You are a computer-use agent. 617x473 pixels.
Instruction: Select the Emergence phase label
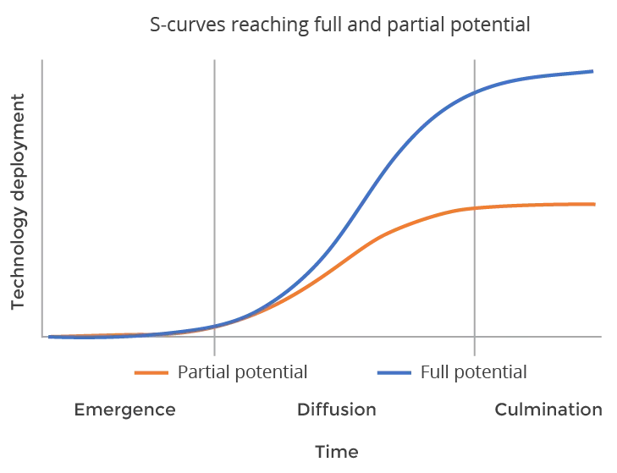tap(124, 410)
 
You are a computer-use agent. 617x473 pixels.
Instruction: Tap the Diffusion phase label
tap(337, 410)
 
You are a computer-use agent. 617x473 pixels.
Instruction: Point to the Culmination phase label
tap(548, 410)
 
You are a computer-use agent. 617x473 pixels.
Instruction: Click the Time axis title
tap(337, 452)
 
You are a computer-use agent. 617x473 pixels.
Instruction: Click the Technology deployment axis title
tap(18, 201)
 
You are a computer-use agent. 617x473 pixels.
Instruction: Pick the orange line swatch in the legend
tap(151, 372)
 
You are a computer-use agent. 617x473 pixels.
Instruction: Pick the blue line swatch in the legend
tap(394, 372)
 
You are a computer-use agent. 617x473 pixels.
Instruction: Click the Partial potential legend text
tap(242, 372)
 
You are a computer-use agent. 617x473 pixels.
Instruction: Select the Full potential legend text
tap(473, 372)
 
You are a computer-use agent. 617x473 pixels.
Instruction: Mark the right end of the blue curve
tap(592, 71)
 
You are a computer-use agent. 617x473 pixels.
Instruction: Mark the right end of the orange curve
tap(594, 204)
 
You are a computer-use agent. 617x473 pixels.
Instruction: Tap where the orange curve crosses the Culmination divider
tap(475, 208)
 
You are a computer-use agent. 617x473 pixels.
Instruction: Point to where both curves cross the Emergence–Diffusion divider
tap(214, 327)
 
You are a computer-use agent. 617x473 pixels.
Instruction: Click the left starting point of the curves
tap(50, 337)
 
